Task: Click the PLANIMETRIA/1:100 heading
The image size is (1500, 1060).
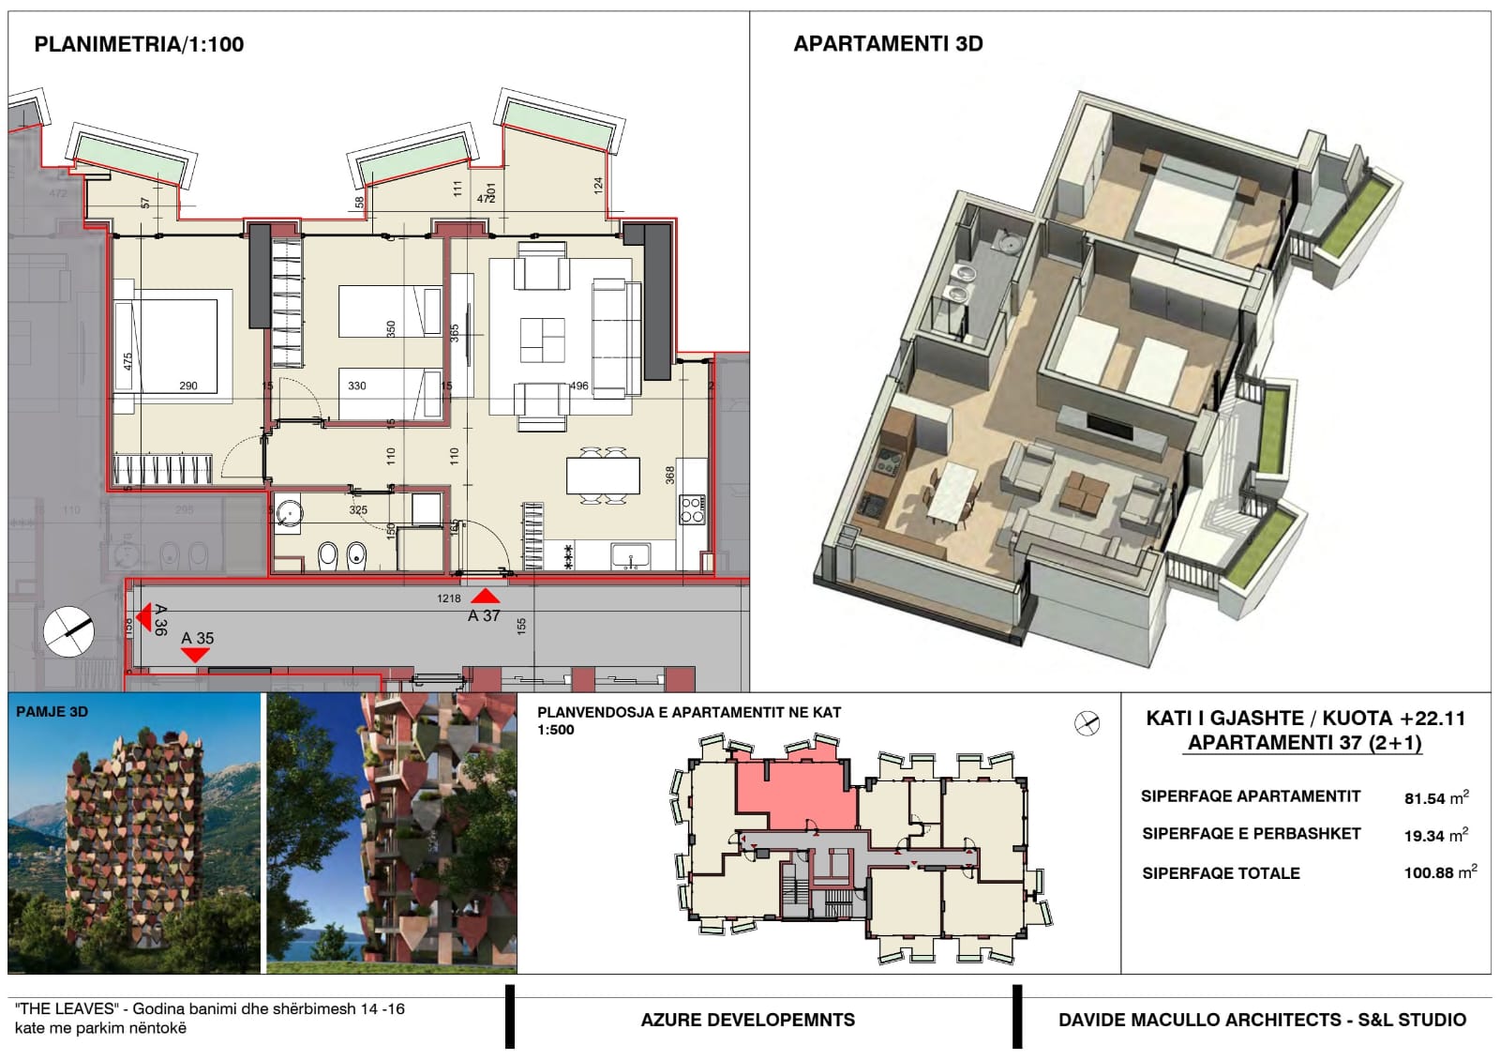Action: click(139, 44)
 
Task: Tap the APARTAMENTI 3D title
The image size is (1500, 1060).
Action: click(888, 44)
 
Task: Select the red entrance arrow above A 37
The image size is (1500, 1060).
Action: click(485, 596)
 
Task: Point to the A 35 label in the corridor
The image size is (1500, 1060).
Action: click(198, 638)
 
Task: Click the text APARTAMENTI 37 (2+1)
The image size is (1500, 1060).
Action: click(1305, 743)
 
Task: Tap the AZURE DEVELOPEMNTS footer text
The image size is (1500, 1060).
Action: click(747, 1020)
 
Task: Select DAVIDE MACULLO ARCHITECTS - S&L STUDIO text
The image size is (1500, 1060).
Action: click(1262, 1020)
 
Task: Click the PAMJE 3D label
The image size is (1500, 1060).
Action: click(52, 712)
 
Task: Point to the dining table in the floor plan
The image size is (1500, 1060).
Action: click(603, 476)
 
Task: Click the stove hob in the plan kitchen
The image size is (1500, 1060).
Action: click(692, 509)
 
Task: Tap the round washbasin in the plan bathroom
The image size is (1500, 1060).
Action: click(290, 514)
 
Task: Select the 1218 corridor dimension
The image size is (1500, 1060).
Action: click(449, 598)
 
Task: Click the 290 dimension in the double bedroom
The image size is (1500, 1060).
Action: click(188, 386)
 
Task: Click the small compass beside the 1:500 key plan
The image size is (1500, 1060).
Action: click(1087, 723)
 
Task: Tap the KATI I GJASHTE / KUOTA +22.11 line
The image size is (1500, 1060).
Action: click(1305, 719)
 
